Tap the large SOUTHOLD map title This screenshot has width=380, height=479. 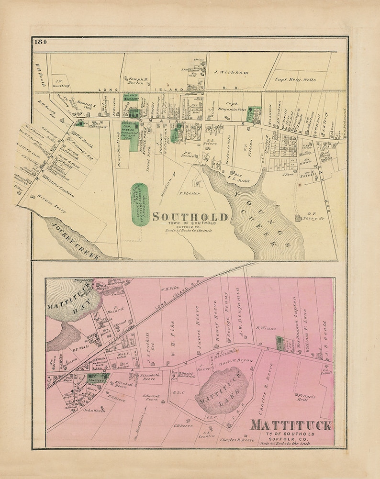coord(190,217)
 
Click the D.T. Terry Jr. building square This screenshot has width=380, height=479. coord(298,219)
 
